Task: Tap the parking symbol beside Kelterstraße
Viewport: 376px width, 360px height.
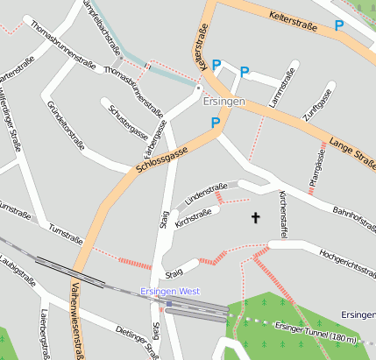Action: (x=339, y=26)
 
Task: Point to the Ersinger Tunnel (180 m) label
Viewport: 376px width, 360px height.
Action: (x=316, y=332)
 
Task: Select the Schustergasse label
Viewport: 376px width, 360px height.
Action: (x=128, y=122)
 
